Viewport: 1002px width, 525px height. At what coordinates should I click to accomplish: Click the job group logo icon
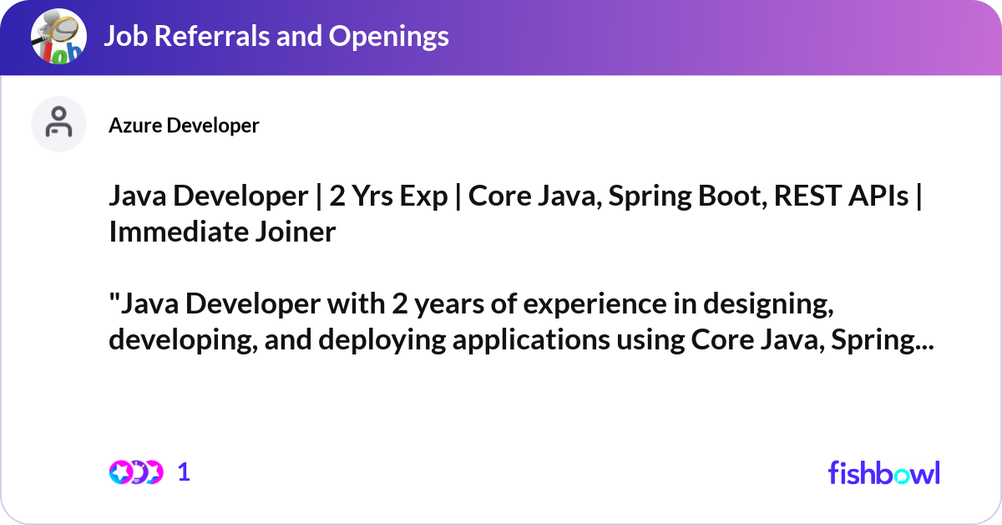pos(58,37)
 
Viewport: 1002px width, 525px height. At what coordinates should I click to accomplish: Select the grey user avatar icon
pos(58,124)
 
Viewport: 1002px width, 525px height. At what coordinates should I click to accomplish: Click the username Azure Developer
pos(184,125)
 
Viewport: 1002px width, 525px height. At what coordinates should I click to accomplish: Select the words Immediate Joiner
pos(222,232)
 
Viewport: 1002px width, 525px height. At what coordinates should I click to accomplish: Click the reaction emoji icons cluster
pos(135,472)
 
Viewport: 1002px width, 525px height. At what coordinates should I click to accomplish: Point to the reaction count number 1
pos(185,472)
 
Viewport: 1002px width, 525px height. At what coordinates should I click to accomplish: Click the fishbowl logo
pos(883,472)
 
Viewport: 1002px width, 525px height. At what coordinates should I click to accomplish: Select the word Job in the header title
pos(121,36)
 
